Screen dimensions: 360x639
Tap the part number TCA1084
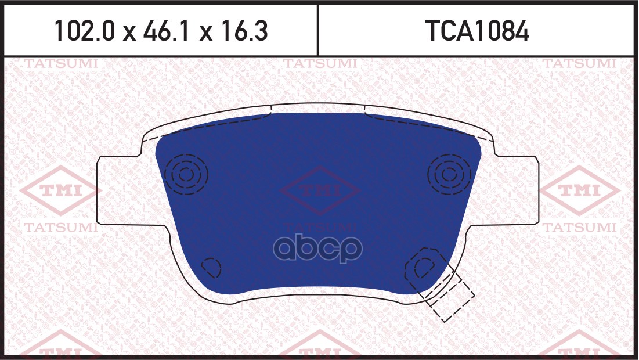(477, 31)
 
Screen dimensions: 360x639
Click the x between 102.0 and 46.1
(128, 33)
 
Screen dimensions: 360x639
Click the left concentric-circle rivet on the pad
(186, 174)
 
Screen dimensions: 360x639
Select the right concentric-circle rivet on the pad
(448, 174)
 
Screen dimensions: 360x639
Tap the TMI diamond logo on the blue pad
(320, 190)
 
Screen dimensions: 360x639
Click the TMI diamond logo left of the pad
(60, 190)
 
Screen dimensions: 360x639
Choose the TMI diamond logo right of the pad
(579, 190)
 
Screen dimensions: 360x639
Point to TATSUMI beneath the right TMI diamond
(579, 228)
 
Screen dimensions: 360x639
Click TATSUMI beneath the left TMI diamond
(60, 228)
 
